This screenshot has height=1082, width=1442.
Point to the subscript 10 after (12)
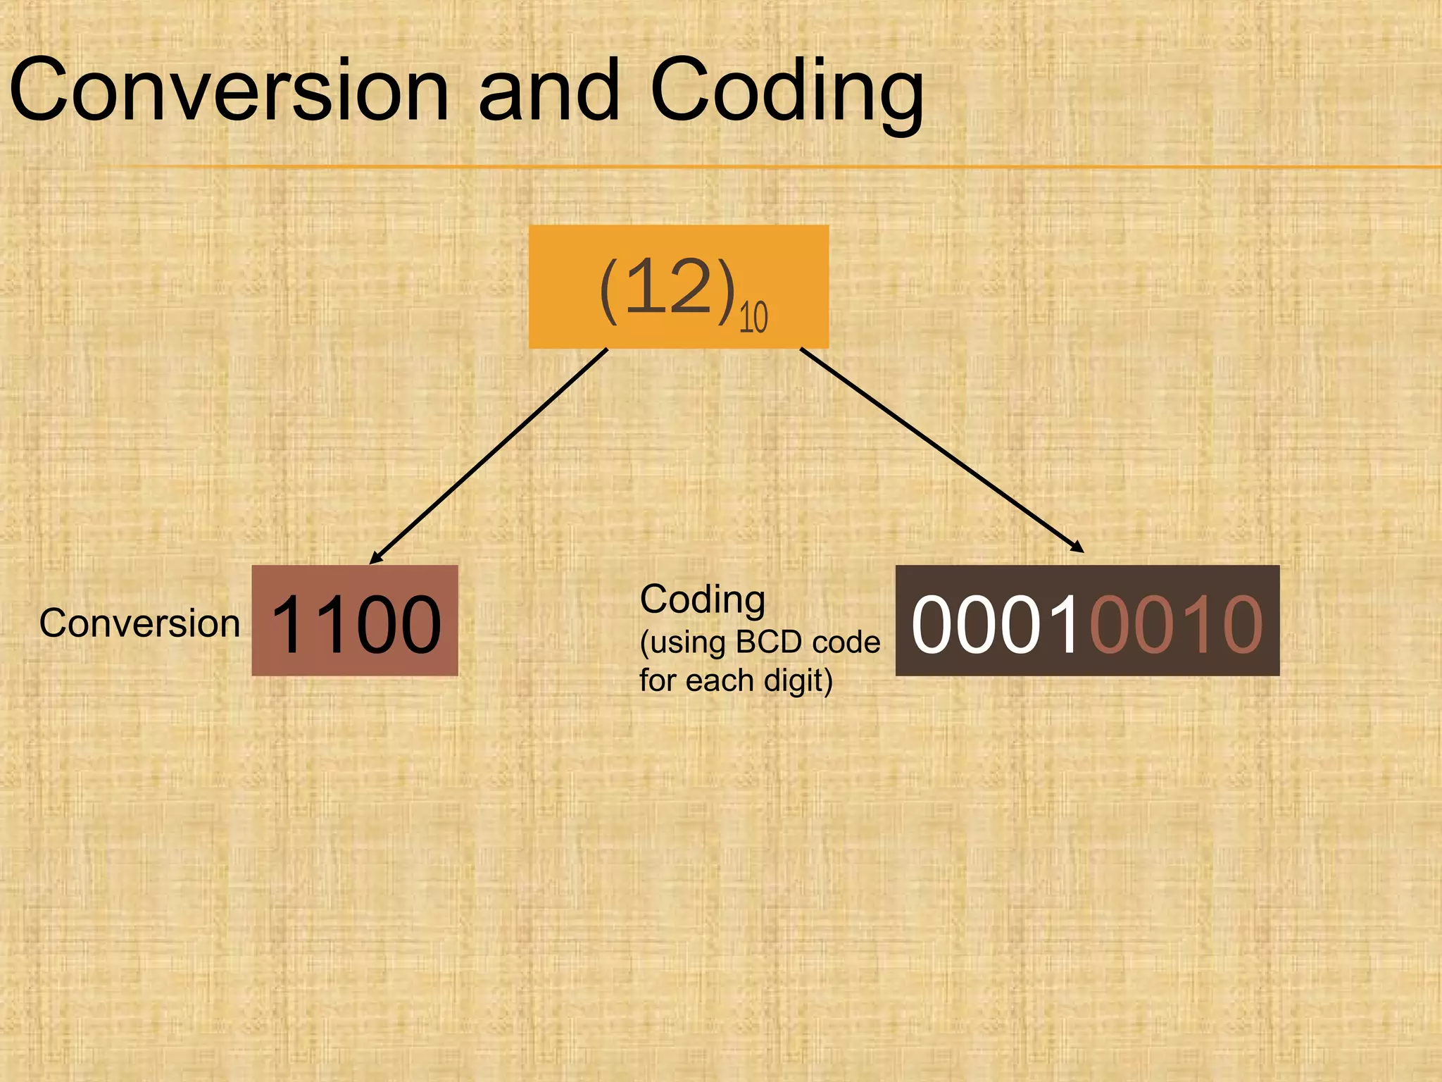[x=753, y=318]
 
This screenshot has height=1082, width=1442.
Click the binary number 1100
[x=356, y=623]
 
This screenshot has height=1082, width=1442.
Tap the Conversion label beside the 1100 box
[x=139, y=623]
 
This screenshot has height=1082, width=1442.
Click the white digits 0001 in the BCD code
[x=996, y=623]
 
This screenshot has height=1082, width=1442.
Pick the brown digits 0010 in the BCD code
[x=1176, y=623]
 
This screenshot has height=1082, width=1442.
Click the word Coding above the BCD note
[x=702, y=600]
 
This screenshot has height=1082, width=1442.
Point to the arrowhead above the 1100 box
[x=376, y=558]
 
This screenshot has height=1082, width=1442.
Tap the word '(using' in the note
[x=683, y=642]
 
